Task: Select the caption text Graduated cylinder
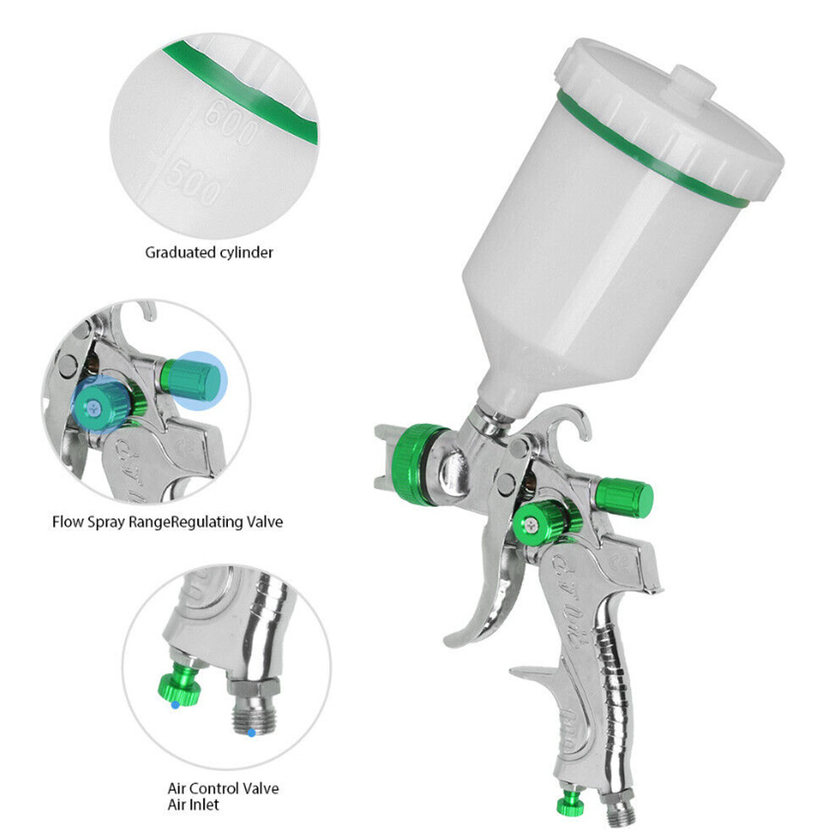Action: pyautogui.click(x=209, y=251)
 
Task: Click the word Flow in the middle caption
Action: pyautogui.click(x=67, y=522)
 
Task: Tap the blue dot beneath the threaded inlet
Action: pyautogui.click(x=250, y=734)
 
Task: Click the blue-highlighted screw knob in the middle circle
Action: pyautogui.click(x=99, y=405)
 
